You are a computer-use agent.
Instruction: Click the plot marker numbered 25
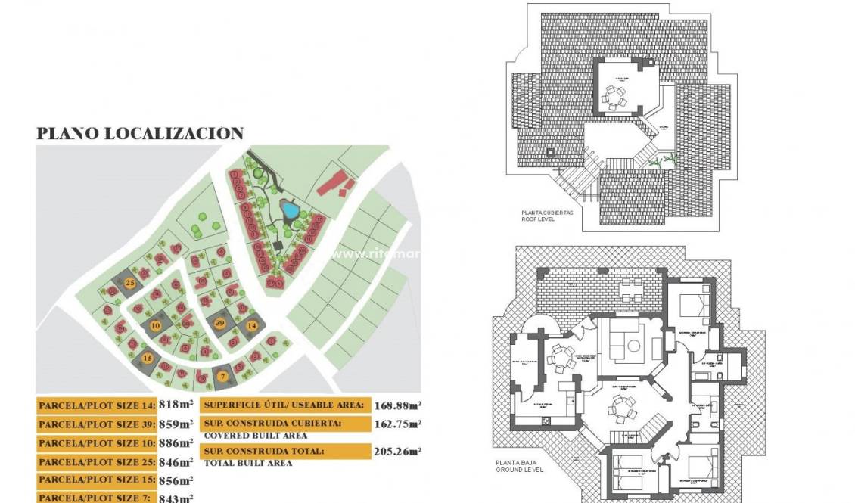click(130, 283)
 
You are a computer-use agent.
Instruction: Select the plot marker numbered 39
click(219, 322)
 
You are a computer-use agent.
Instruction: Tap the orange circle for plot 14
click(252, 325)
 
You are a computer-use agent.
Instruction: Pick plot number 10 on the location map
click(156, 326)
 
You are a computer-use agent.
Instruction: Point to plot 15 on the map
click(148, 358)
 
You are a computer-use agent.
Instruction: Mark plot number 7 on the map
click(222, 375)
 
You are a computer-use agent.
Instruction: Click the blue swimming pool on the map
click(288, 207)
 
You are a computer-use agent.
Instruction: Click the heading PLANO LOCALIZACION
click(140, 134)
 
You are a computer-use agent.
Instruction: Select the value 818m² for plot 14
click(176, 405)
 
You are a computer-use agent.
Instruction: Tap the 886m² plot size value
click(176, 442)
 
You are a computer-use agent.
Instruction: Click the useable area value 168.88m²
click(397, 405)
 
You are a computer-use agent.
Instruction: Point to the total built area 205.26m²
click(397, 452)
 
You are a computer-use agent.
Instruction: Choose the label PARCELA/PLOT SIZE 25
click(97, 461)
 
